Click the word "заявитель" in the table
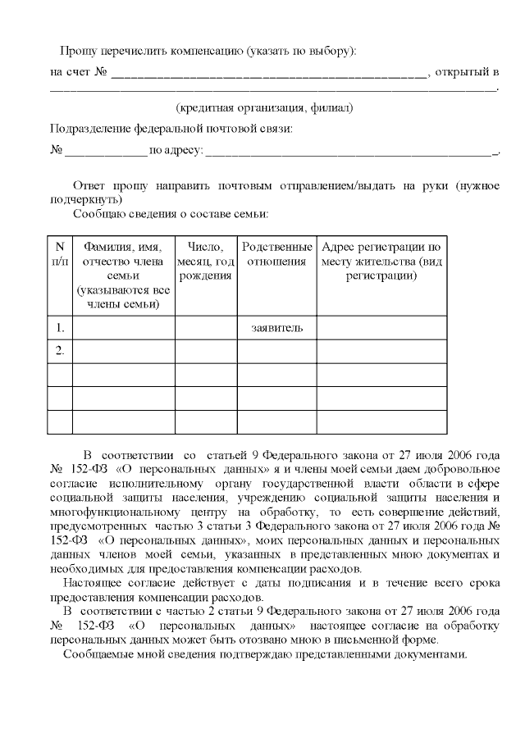pos(276,328)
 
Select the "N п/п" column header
pos(60,253)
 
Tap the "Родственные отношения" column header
pos(276,253)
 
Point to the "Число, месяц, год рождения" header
pos(205,261)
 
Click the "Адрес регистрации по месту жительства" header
pos(381,261)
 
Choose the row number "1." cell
pos(60,328)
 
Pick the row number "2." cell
pos(60,351)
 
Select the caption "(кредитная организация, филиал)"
pos(265,108)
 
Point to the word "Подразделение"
pos(89,129)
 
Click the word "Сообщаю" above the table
pos(96,213)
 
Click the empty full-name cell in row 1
pos(123,328)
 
